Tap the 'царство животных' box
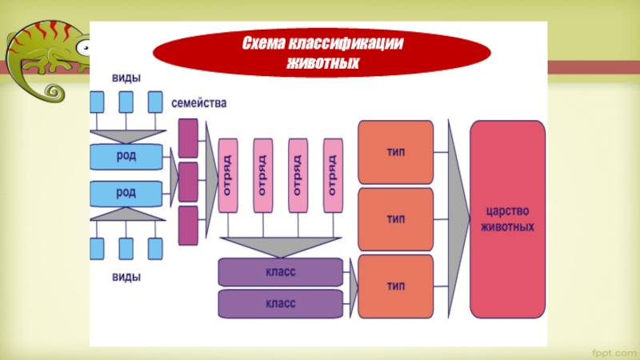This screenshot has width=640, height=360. click(507, 218)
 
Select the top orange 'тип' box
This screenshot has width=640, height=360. click(395, 152)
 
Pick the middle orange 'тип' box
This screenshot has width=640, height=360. click(395, 218)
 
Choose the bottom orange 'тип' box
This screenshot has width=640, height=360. click(395, 286)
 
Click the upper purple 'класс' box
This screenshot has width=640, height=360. click(280, 272)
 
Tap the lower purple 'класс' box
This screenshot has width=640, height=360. click(280, 303)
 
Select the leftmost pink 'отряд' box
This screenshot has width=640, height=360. click(227, 175)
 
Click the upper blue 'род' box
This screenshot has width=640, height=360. click(126, 156)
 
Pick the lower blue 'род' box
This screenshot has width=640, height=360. click(126, 193)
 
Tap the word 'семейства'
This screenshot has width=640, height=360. click(199, 104)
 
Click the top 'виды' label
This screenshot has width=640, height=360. click(126, 78)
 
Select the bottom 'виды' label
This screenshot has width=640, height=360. click(126, 278)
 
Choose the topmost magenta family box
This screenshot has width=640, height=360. click(188, 137)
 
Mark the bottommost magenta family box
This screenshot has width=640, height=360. click(188, 225)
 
